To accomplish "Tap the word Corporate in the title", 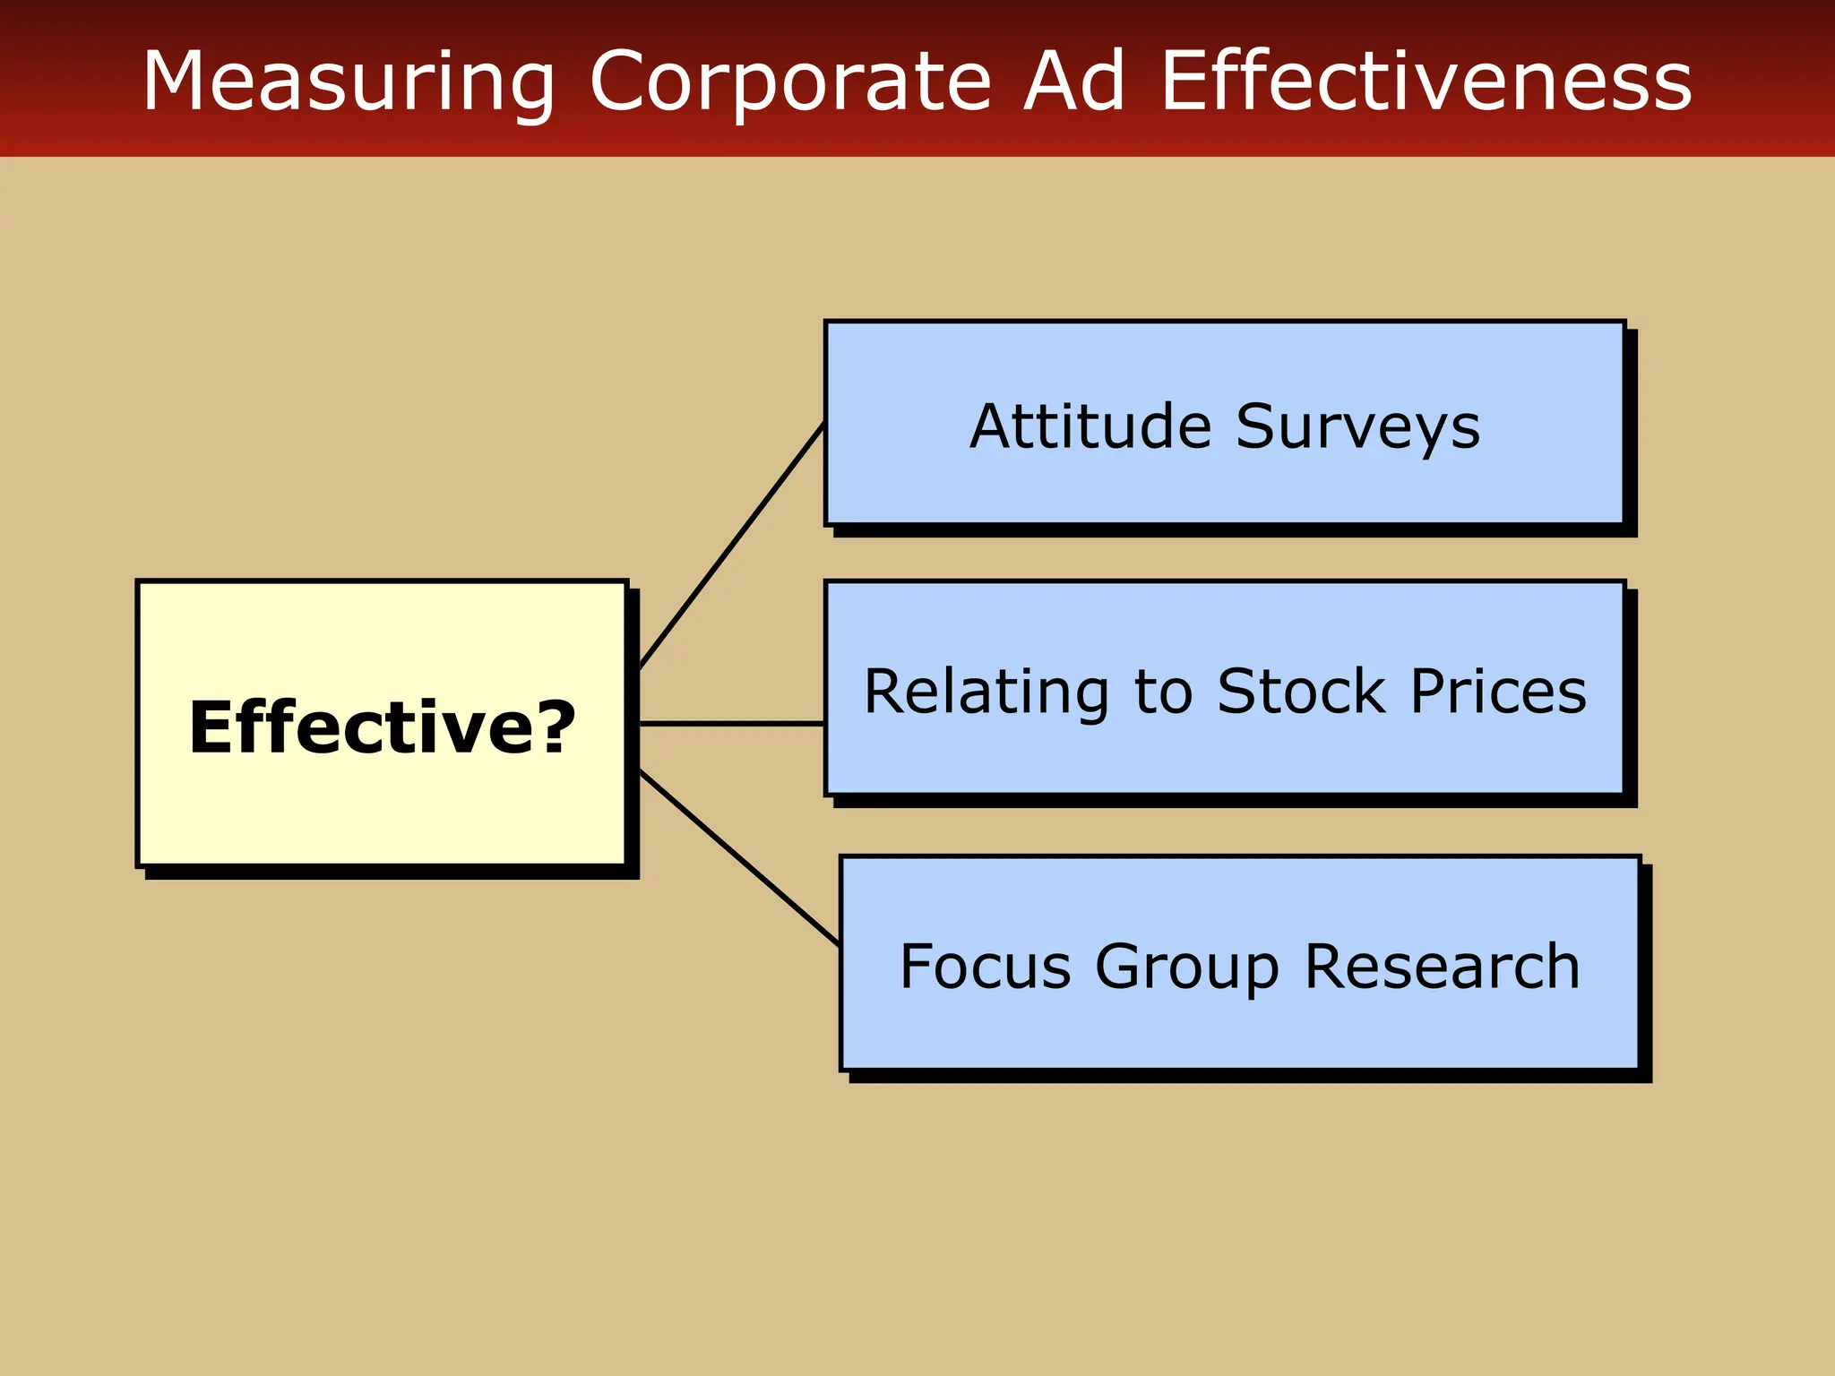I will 790,82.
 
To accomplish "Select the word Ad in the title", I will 1073,82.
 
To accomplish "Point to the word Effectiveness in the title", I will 1426,82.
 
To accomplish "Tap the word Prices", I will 1498,692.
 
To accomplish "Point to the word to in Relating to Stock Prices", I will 1163,693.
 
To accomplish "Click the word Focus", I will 985,967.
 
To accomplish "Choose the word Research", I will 1442,967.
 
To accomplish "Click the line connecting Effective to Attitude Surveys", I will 731,546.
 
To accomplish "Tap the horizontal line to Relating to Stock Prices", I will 731,723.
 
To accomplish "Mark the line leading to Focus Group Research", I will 740,857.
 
